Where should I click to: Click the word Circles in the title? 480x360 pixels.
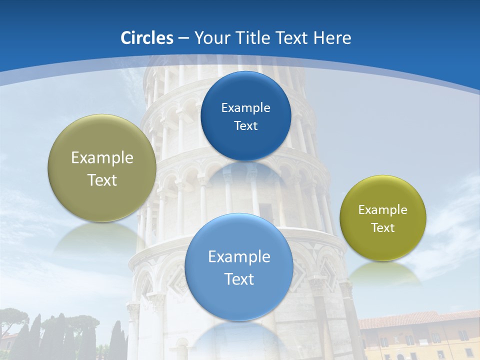(146, 38)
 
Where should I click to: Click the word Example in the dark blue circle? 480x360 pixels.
(245, 108)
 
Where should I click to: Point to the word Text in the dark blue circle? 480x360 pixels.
(245, 126)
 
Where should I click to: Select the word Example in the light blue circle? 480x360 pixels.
(239, 257)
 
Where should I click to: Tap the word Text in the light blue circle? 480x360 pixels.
(239, 279)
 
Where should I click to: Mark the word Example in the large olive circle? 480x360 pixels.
(102, 158)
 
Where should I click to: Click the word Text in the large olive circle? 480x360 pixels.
(102, 180)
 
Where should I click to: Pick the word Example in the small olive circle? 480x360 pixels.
(383, 210)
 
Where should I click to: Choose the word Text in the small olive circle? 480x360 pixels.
(383, 228)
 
